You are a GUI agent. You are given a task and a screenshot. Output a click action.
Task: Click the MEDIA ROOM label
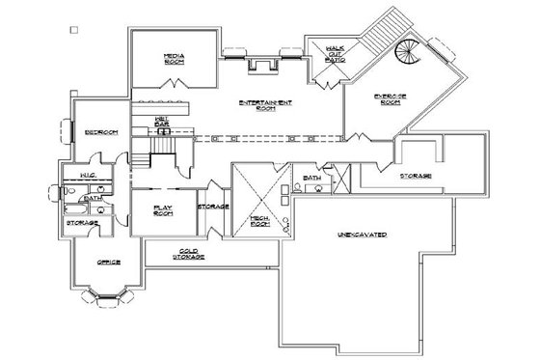point(175,61)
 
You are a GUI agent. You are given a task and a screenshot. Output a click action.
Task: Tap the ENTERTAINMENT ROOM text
point(265,105)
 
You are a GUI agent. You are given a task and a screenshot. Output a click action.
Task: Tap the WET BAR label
point(162,121)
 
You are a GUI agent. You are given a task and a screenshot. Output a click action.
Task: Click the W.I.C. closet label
point(86,176)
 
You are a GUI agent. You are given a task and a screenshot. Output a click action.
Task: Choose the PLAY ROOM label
point(162,209)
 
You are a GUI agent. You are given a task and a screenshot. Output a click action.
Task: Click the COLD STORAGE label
point(186,254)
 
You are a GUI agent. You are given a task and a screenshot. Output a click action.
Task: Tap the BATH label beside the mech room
point(311,179)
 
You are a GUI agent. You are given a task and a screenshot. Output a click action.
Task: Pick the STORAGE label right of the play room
point(213,207)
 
